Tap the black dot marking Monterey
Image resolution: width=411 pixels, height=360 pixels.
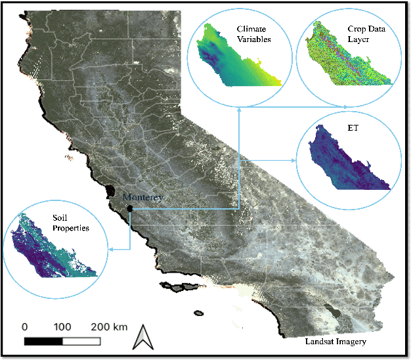pos(130,208)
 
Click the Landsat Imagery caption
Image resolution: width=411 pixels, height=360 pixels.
pos(334,342)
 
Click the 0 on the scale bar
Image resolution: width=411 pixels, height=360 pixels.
pos(25,326)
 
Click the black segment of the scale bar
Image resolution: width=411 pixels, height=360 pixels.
pos(43,341)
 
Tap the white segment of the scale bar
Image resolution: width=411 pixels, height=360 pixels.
pos(81,341)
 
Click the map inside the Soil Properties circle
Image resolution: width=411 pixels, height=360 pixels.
pos(49,253)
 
